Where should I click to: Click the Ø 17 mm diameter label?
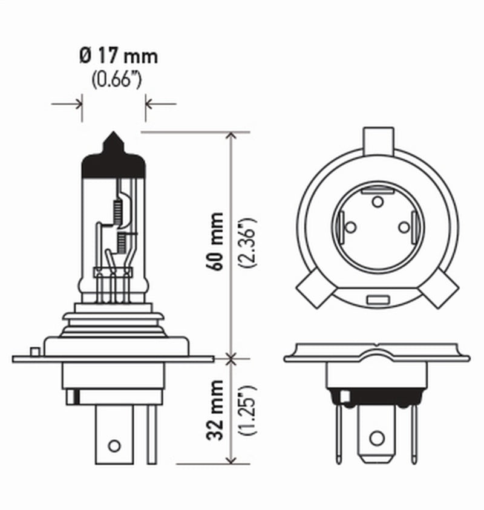click(x=117, y=56)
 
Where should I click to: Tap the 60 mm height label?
click(x=217, y=240)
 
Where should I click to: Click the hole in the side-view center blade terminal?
click(x=114, y=446)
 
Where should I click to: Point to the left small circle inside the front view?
click(x=350, y=227)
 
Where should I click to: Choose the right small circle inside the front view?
click(x=404, y=227)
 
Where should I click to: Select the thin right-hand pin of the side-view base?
click(x=151, y=432)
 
